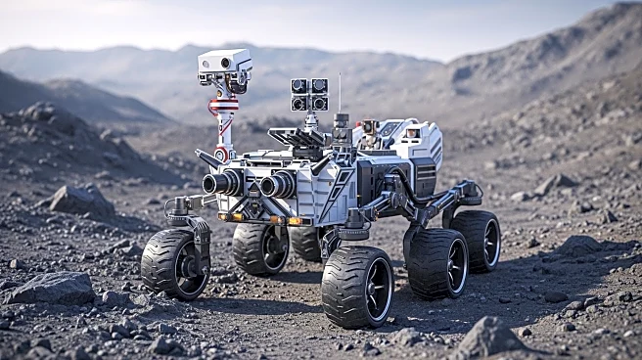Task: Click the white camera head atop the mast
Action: (224, 65)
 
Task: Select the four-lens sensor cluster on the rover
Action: (308, 94)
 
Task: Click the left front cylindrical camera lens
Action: (223, 183)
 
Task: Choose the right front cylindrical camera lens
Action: (277, 184)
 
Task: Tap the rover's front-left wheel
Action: (175, 262)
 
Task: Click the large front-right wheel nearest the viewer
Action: (357, 285)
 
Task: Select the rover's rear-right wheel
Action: (476, 241)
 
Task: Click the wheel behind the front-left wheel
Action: (260, 248)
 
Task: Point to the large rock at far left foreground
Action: (53, 289)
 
